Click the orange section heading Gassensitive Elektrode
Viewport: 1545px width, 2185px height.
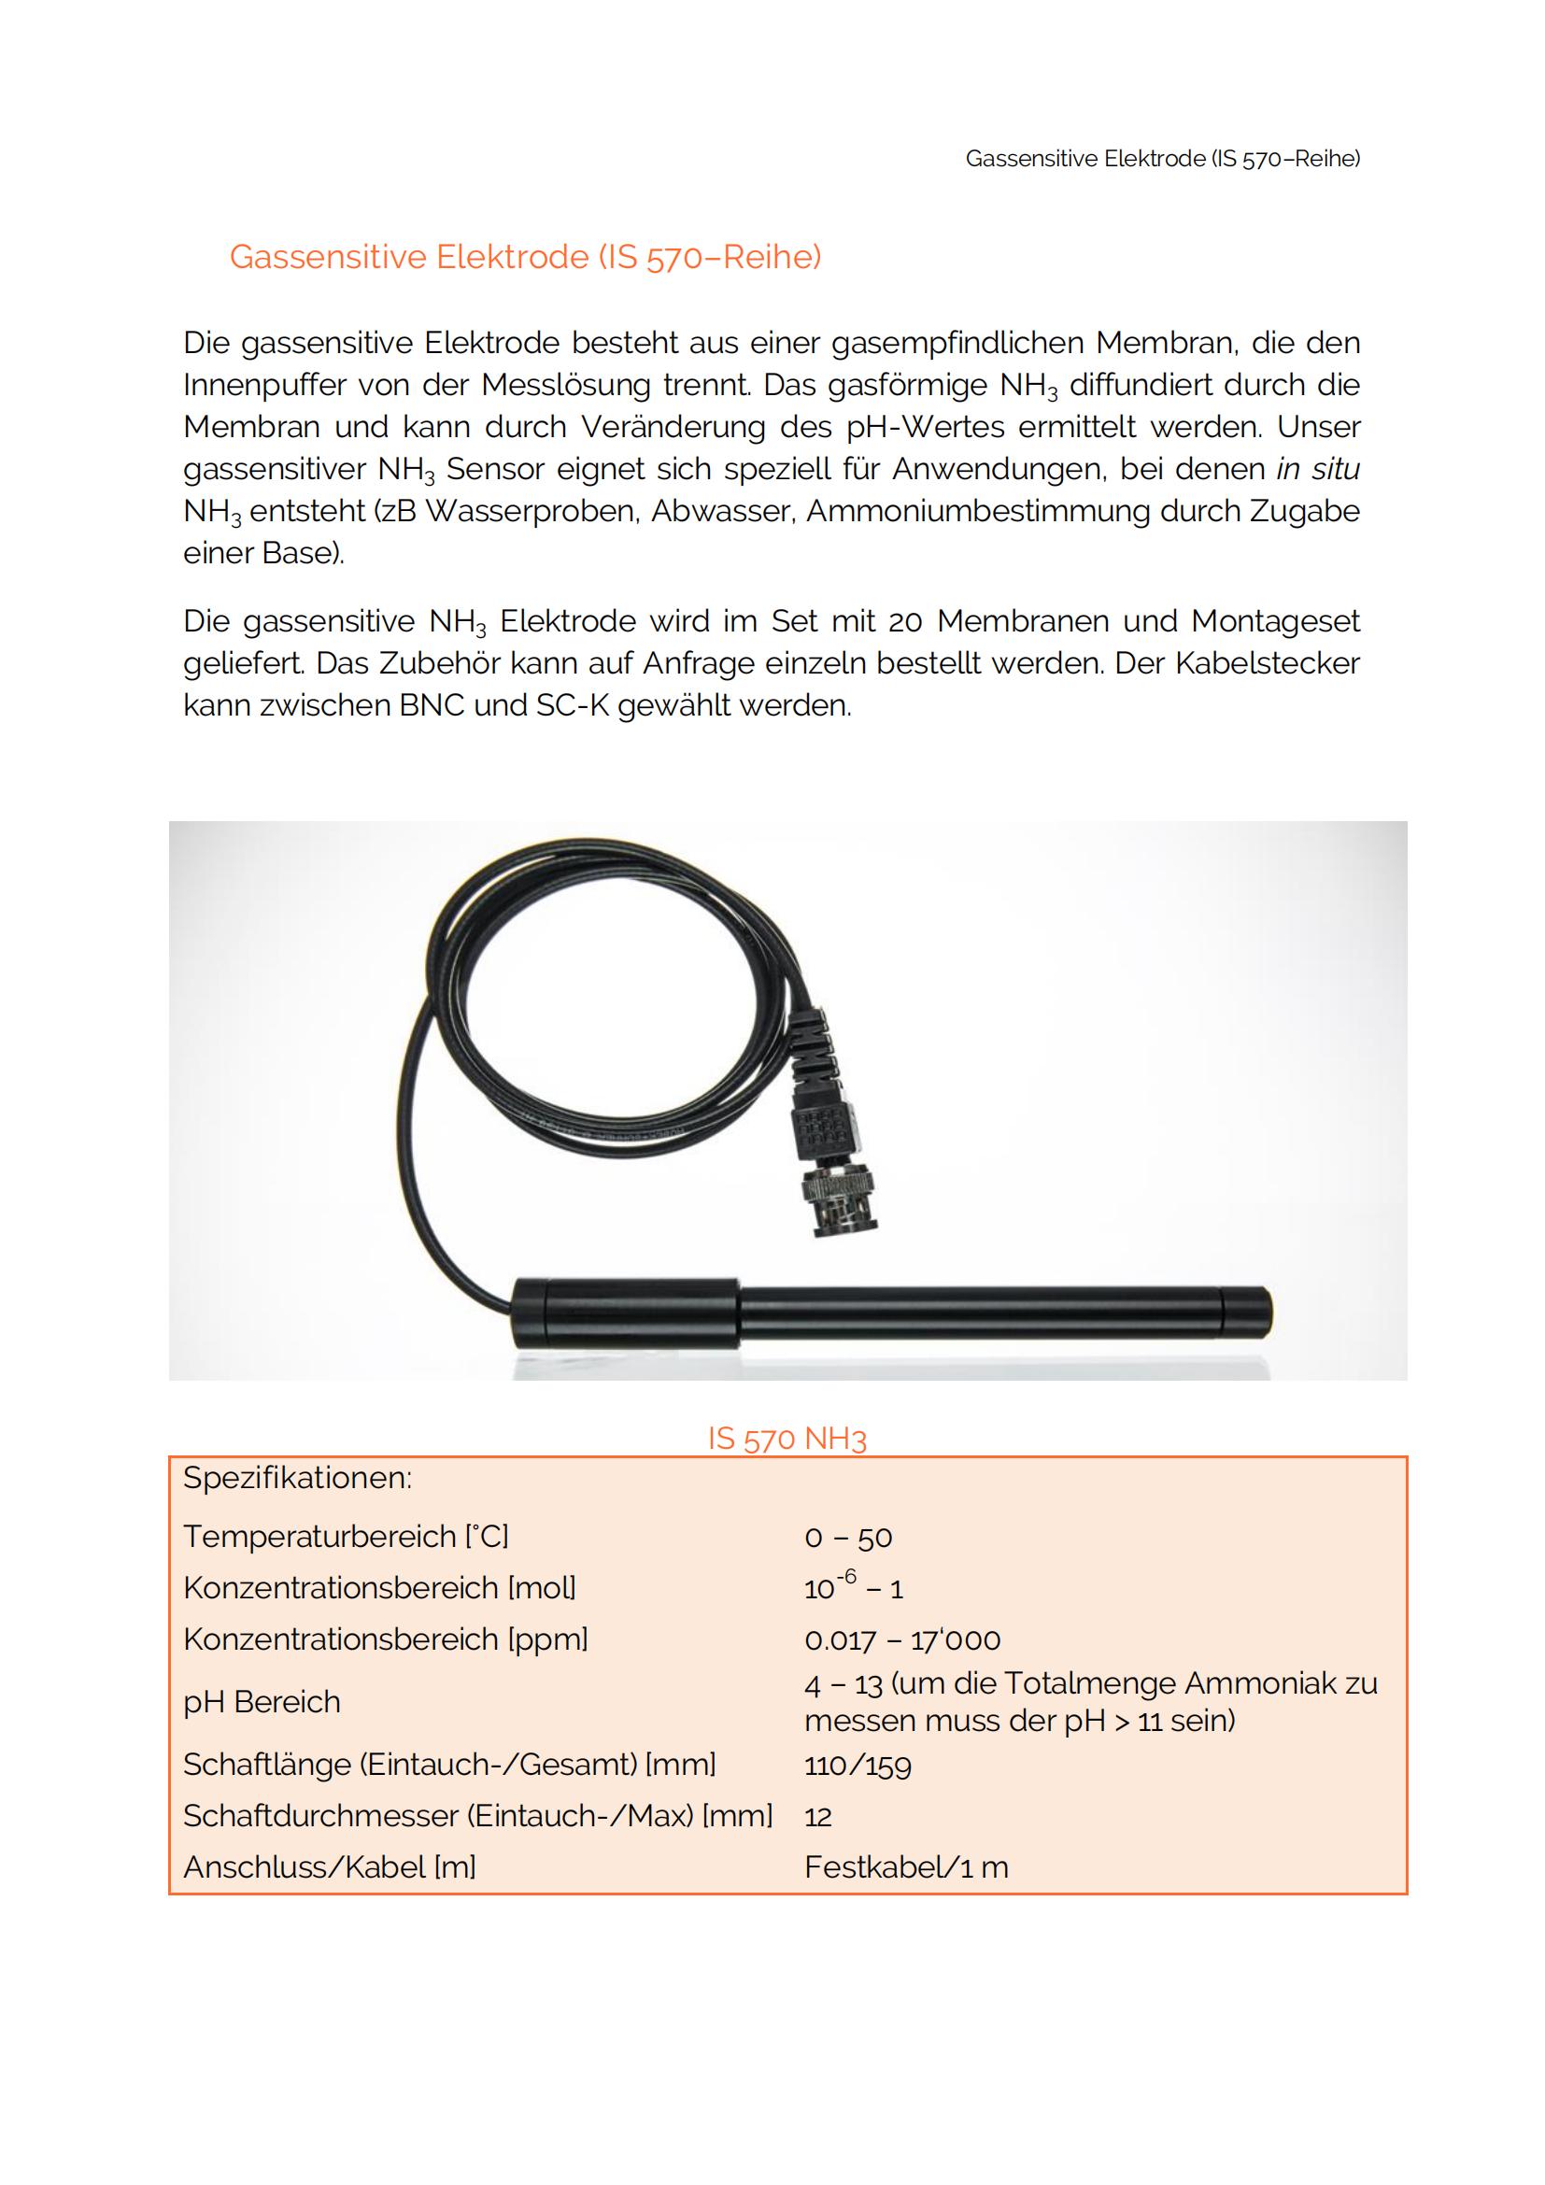pos(524,257)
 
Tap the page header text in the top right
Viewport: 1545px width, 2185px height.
pos(1162,159)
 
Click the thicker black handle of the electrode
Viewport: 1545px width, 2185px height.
pos(626,1313)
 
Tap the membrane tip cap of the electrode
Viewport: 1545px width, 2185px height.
pos(1245,1313)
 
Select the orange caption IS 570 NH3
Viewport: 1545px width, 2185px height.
pos(787,1438)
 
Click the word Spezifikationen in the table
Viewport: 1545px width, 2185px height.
pos(297,1478)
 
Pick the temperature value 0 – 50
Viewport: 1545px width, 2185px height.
pos(847,1537)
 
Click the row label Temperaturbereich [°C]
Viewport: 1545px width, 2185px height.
pos(346,1536)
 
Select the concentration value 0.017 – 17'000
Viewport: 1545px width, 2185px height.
pos(902,1639)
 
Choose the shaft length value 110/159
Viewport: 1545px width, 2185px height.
pos(858,1766)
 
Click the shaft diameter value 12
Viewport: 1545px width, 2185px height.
pos(817,1817)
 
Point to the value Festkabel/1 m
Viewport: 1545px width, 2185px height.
pos(906,1867)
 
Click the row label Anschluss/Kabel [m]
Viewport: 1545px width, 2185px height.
pos(329,1867)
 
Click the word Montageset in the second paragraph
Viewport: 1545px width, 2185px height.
pos(1275,621)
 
